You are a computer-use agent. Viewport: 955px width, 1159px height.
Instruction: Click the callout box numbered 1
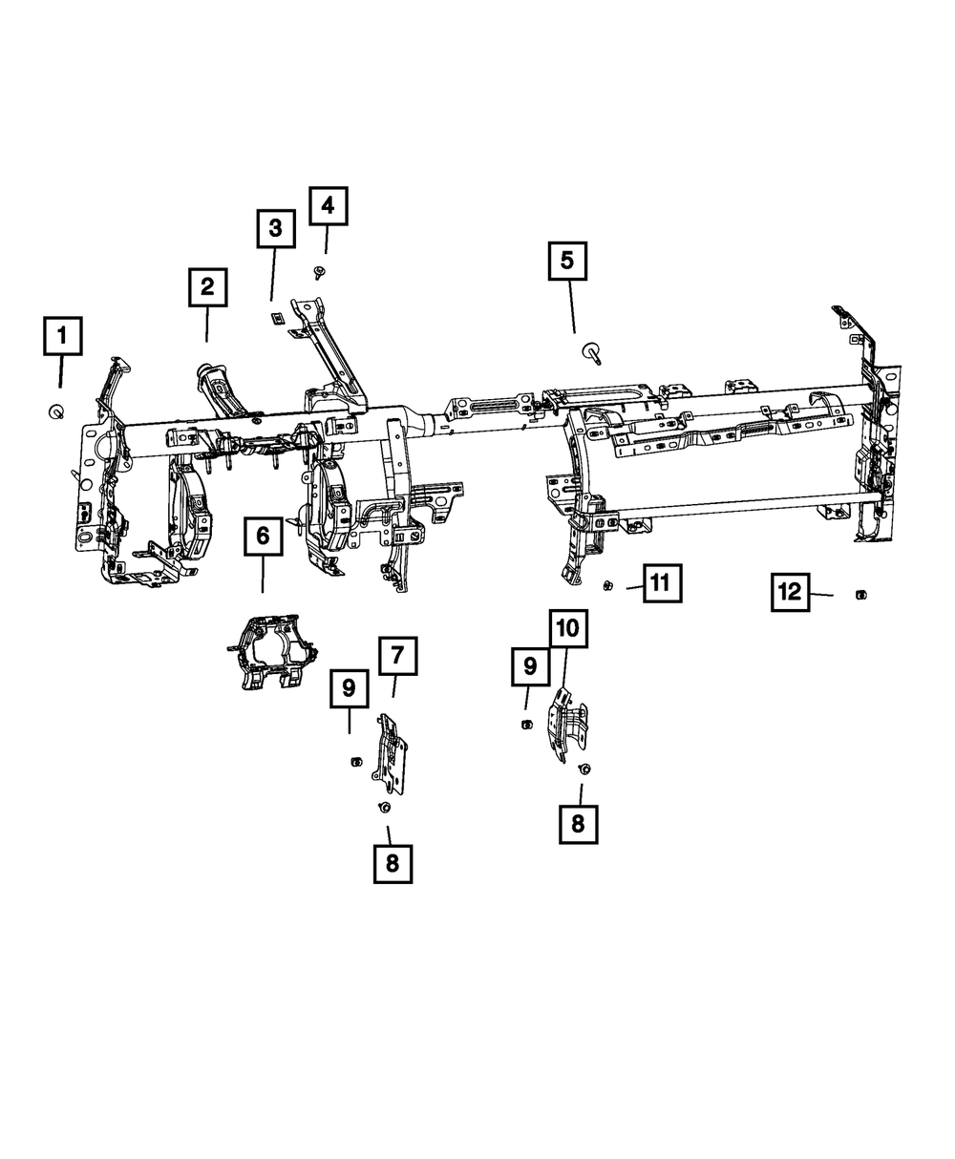click(62, 336)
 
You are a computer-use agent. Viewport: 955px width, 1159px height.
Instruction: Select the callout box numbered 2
click(207, 287)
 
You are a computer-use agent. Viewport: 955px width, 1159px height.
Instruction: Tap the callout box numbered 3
click(275, 228)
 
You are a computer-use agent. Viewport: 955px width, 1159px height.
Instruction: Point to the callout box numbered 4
click(328, 205)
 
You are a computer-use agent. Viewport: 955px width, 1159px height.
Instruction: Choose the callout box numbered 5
click(567, 261)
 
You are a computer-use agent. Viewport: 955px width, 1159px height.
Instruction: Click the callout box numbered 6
click(263, 536)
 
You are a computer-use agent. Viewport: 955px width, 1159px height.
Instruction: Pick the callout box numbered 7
click(397, 656)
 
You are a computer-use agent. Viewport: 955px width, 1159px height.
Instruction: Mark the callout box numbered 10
click(567, 628)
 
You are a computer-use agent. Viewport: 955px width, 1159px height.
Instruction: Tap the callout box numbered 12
click(791, 592)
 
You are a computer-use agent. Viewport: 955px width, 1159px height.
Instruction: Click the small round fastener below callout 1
click(56, 411)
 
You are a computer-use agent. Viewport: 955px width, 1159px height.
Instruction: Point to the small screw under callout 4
click(318, 273)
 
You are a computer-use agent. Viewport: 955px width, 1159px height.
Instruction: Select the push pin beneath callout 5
click(592, 354)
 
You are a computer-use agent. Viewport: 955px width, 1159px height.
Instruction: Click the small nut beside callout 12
click(859, 596)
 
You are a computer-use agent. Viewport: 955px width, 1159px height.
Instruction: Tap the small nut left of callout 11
click(607, 585)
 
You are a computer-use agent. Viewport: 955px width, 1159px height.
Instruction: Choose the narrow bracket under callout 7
click(392, 754)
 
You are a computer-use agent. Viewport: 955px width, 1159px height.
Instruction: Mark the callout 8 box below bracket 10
click(578, 823)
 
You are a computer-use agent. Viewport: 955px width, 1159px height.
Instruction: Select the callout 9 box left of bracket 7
click(350, 687)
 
